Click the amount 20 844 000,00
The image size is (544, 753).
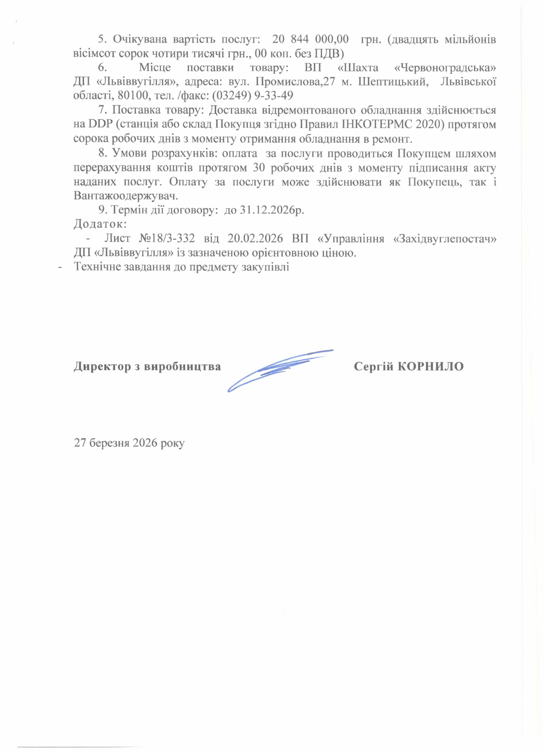tap(310, 39)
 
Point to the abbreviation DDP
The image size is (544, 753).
tap(98, 124)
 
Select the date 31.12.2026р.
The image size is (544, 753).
tap(272, 210)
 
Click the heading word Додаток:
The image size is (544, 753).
tap(100, 224)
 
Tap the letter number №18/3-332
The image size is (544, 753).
tap(167, 238)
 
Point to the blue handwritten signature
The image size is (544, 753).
tap(279, 368)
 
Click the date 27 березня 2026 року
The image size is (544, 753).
tap(130, 443)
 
